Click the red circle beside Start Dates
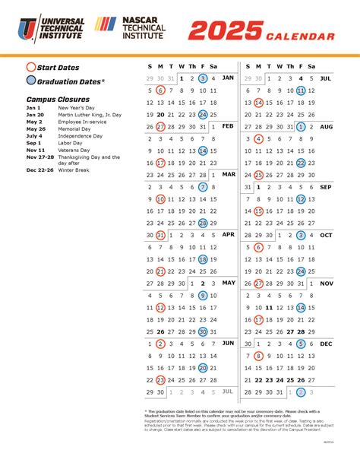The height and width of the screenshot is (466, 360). pyautogui.click(x=30, y=66)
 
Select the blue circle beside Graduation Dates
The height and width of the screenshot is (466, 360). pyautogui.click(x=30, y=81)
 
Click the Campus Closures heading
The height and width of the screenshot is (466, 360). pyautogui.click(x=58, y=100)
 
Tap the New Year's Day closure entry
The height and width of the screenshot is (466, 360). pyautogui.click(x=77, y=109)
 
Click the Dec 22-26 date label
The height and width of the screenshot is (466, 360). pyautogui.click(x=39, y=170)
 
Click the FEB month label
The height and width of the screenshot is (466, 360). pyautogui.click(x=227, y=126)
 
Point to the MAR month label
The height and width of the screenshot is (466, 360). pyautogui.click(x=228, y=174)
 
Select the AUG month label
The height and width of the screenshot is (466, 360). pyautogui.click(x=327, y=126)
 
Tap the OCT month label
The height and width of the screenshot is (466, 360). pyautogui.click(x=327, y=235)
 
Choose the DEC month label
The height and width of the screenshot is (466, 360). pyautogui.click(x=327, y=344)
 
